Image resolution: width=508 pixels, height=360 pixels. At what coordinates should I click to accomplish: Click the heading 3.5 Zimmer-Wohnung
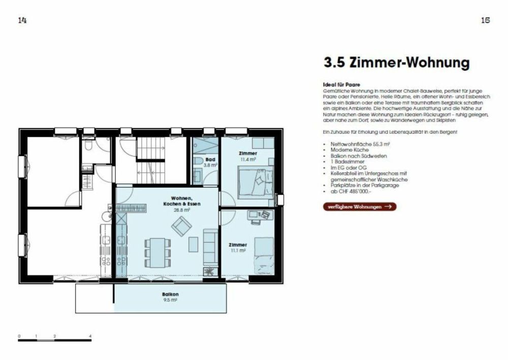click(396, 63)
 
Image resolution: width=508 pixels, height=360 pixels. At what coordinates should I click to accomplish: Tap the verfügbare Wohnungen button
click(360, 206)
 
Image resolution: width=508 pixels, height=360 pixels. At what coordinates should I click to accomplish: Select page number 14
click(22, 20)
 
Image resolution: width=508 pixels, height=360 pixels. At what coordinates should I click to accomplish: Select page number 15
click(485, 20)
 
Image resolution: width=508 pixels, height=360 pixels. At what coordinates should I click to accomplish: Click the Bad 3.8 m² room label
click(210, 162)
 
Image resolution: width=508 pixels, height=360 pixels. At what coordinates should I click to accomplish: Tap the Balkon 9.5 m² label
click(170, 297)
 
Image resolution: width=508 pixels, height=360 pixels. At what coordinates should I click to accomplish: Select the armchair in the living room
click(180, 225)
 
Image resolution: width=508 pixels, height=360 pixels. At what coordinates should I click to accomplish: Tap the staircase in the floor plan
click(149, 152)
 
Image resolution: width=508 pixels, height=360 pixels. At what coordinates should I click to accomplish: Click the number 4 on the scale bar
click(90, 336)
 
